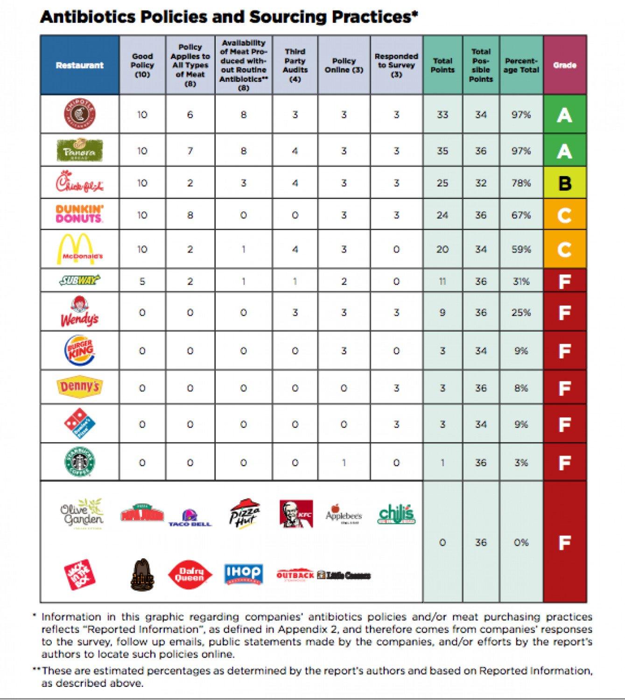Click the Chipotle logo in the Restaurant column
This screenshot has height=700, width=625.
(80, 114)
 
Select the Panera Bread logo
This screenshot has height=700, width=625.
(79, 149)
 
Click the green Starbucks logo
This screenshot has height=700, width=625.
(79, 462)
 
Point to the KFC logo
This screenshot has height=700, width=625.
(296, 514)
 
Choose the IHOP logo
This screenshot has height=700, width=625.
(243, 574)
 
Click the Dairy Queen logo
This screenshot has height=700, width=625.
(190, 574)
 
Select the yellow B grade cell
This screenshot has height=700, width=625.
(564, 183)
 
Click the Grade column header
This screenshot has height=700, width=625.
(564, 65)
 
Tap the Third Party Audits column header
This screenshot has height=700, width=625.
(295, 65)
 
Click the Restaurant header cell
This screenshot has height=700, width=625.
(79, 65)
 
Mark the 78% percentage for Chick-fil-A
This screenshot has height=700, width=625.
(521, 183)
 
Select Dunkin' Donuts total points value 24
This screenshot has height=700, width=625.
(442, 215)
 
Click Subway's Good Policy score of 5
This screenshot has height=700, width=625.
(142, 281)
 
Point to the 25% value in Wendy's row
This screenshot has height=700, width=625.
(521, 312)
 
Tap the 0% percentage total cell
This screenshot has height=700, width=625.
(521, 542)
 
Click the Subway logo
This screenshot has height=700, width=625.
(80, 280)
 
